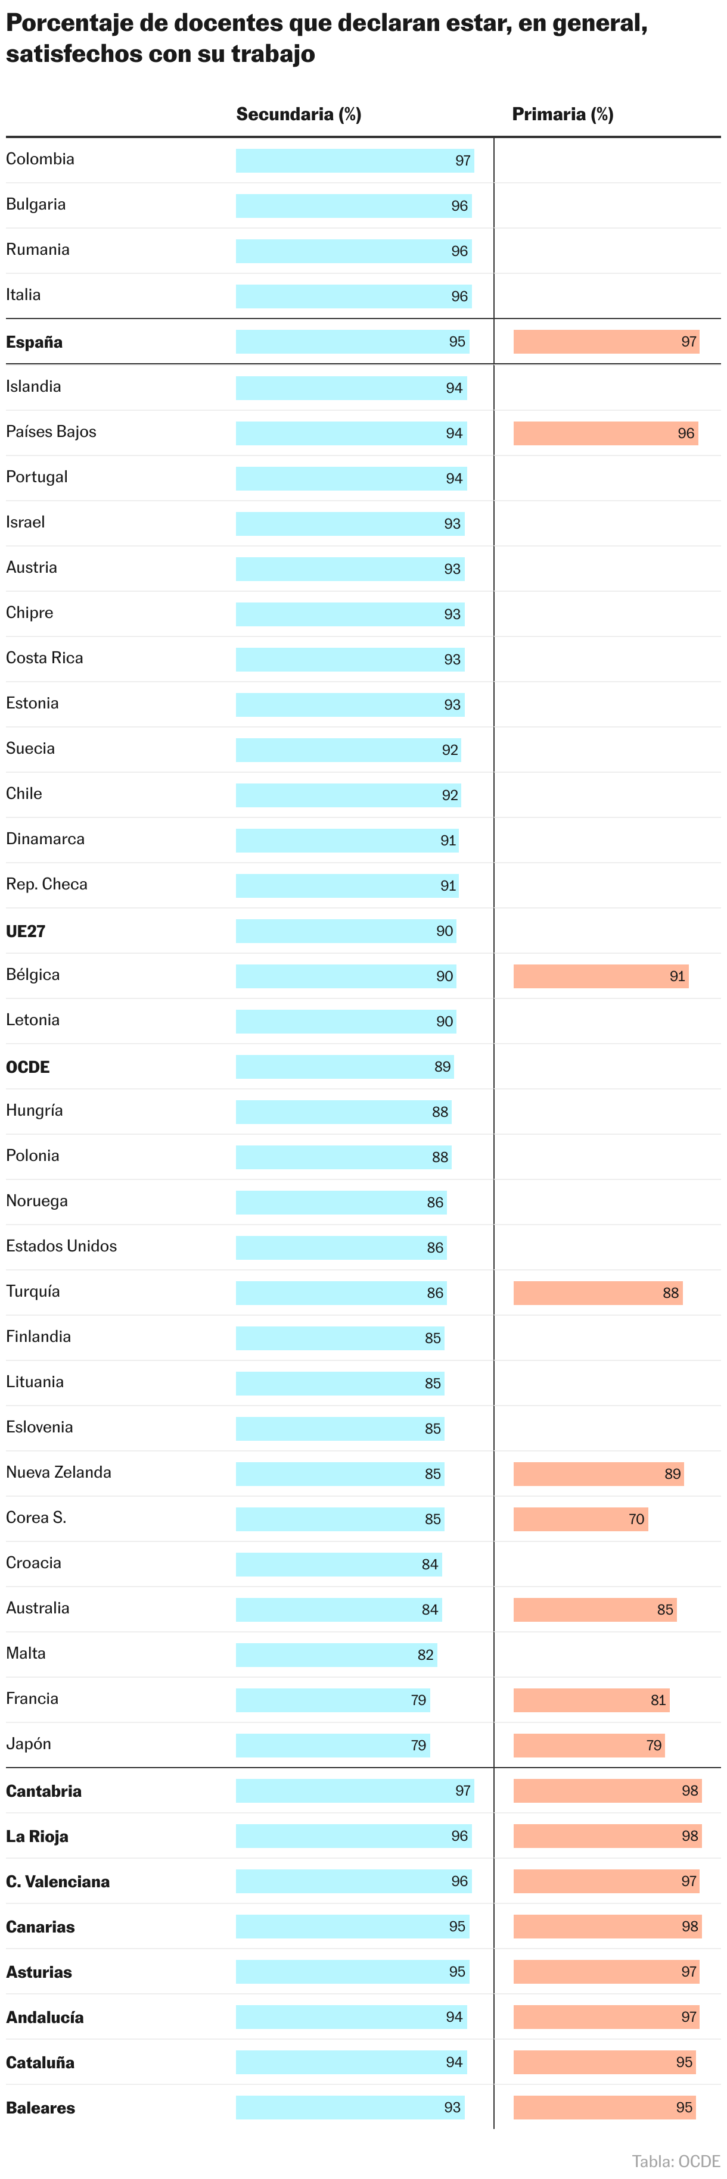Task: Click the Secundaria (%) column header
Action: pyautogui.click(x=298, y=114)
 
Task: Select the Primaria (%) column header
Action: pyautogui.click(x=562, y=114)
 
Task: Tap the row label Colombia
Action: pyautogui.click(x=40, y=159)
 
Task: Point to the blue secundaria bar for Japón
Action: pyautogui.click(x=332, y=1745)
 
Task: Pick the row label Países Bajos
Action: pyautogui.click(x=51, y=432)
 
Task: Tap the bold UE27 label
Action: pyautogui.click(x=26, y=931)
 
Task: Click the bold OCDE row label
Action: pyautogui.click(x=28, y=1067)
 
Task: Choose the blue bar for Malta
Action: pyautogui.click(x=336, y=1654)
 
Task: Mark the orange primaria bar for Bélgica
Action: pyautogui.click(x=600, y=976)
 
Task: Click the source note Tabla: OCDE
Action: pyautogui.click(x=675, y=2161)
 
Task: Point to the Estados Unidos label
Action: pyautogui.click(x=61, y=1246)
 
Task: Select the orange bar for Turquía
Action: pyautogui.click(x=598, y=1293)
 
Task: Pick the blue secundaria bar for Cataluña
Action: pyautogui.click(x=350, y=2062)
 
